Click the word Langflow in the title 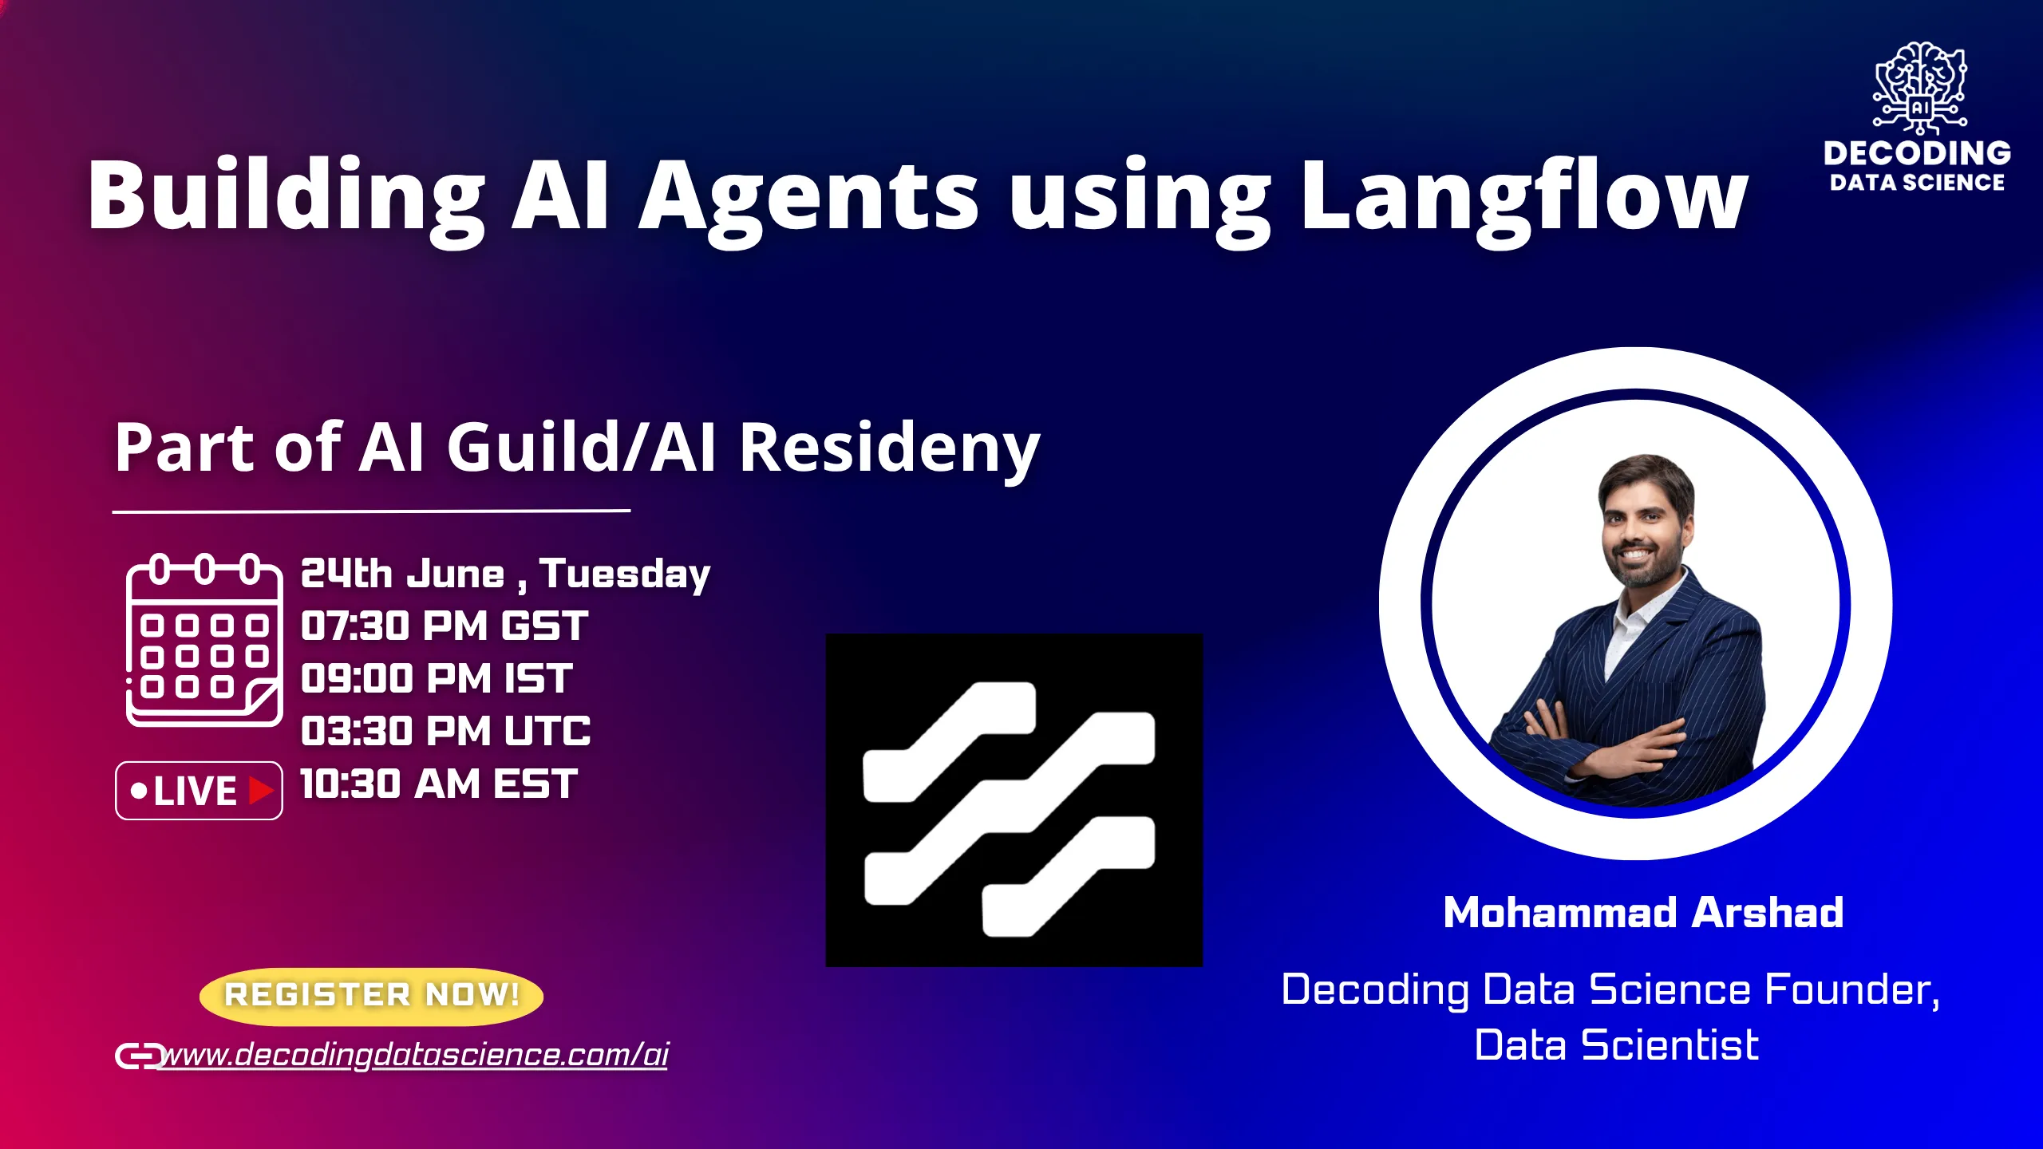(1524, 195)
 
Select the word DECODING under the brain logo (1917, 153)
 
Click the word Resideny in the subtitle (889, 448)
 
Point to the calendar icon (204, 640)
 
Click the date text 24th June (403, 574)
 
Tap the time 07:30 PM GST (445, 626)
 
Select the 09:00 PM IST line (437, 679)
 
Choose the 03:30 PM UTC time (445, 732)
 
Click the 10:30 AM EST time (439, 784)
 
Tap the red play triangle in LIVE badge (260, 791)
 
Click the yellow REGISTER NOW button (371, 996)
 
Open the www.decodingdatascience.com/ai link (415, 1055)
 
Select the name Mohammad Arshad (1643, 913)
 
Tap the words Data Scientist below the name (1616, 1045)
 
